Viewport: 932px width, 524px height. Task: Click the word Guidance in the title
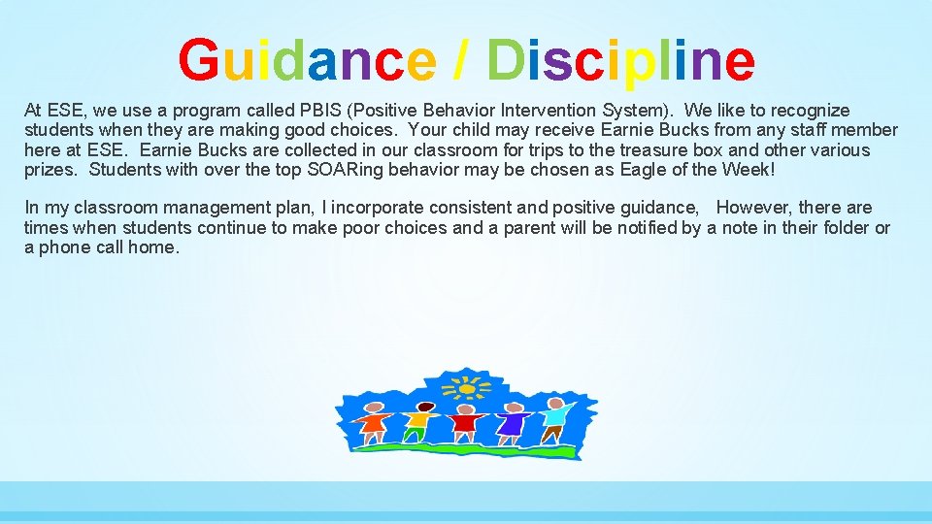pos(307,60)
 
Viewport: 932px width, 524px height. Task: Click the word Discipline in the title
pos(620,60)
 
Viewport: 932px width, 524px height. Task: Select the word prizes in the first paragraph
pos(50,170)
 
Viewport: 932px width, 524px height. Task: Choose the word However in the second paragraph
pos(753,208)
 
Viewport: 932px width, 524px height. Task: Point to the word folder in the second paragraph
pos(846,228)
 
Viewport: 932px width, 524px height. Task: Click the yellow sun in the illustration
pos(467,388)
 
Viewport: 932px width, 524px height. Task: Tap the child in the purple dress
pos(513,423)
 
